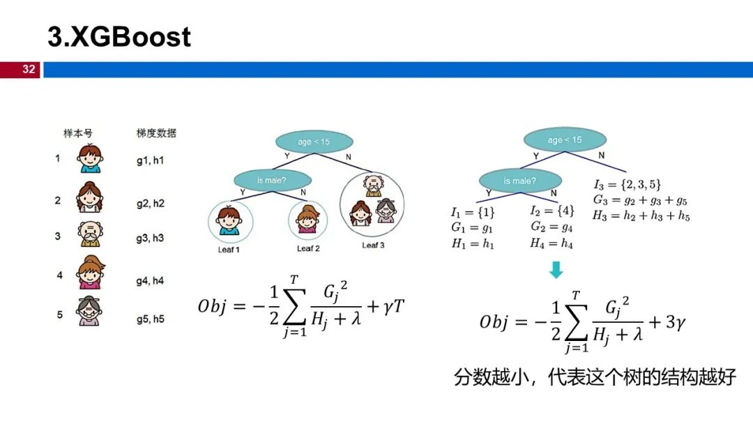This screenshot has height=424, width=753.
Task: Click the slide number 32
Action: (29, 69)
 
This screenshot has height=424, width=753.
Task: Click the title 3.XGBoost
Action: (119, 36)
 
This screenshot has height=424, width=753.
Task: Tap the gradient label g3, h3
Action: (150, 238)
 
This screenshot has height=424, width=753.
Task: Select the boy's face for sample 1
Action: (90, 159)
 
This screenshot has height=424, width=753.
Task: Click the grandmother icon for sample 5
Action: (89, 312)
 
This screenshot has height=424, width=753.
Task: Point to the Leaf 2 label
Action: (308, 248)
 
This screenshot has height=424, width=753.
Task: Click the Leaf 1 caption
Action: (228, 250)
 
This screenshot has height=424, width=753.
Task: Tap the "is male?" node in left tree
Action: (273, 181)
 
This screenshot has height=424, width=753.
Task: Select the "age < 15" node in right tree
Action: (565, 139)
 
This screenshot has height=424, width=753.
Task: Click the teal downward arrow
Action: (556, 270)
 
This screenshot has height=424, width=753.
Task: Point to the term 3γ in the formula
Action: (675, 322)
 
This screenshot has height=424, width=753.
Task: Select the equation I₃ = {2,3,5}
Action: (627, 184)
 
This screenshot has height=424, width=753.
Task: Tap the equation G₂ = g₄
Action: (552, 227)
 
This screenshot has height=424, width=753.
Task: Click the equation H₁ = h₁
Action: (473, 243)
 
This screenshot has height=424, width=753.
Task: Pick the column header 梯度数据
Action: (156, 133)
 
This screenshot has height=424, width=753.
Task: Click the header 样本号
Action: (78, 133)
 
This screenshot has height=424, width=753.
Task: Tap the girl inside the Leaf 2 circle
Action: (308, 220)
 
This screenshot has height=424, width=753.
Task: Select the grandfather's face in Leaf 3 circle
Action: (374, 185)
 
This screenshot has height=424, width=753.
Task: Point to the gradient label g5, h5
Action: (151, 319)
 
